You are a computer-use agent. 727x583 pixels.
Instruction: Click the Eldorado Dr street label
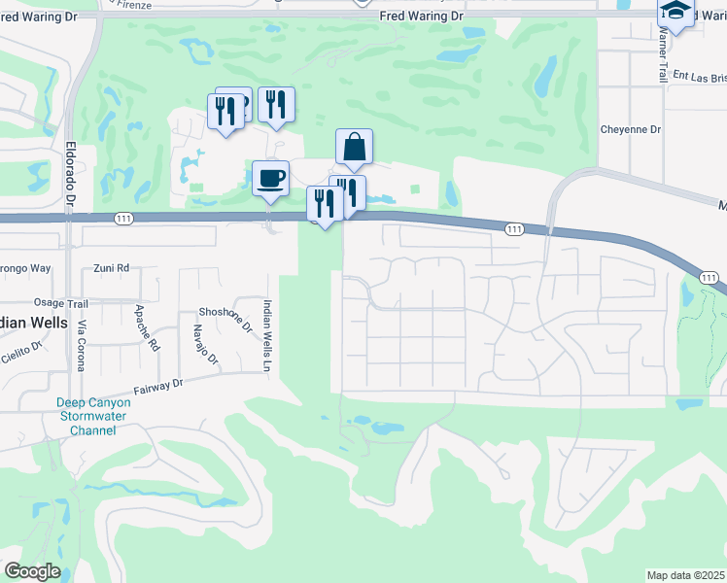(70, 173)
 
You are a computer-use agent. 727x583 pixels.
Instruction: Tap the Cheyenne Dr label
(631, 129)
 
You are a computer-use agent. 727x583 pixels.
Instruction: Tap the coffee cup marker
(270, 178)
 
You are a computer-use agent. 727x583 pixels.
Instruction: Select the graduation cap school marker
(675, 13)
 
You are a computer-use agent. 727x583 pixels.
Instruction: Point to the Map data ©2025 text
(686, 575)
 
